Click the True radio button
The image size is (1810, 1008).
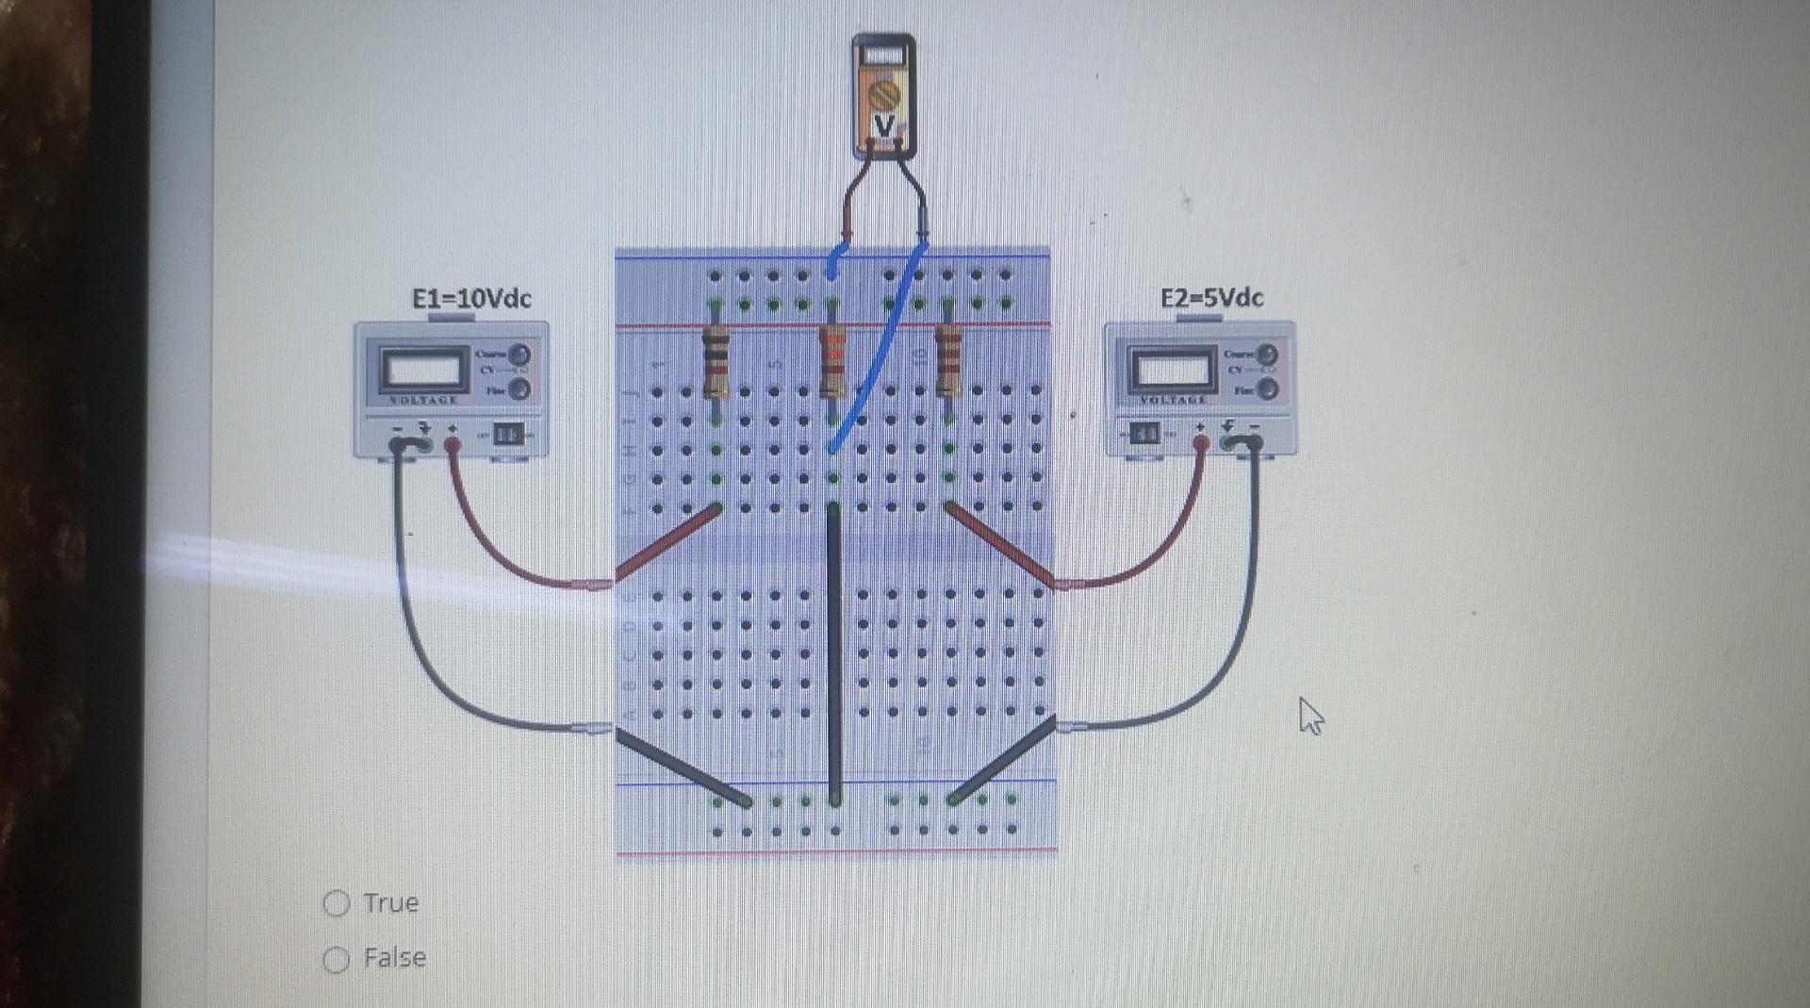pyautogui.click(x=337, y=903)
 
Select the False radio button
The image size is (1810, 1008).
pyautogui.click(x=337, y=959)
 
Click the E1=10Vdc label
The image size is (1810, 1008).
pyautogui.click(x=471, y=299)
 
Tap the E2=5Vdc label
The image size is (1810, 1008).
pyautogui.click(x=1211, y=298)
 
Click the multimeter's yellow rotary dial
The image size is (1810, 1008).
pyautogui.click(x=884, y=95)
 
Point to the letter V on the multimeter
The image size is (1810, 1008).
pyautogui.click(x=884, y=126)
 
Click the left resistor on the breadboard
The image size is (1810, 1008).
pyautogui.click(x=716, y=363)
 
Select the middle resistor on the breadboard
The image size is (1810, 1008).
pyautogui.click(x=833, y=363)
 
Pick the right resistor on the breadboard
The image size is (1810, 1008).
pyautogui.click(x=948, y=363)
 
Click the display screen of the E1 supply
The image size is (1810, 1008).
pyautogui.click(x=423, y=370)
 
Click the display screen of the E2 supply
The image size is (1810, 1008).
pyautogui.click(x=1173, y=370)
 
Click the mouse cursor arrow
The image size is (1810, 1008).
pyautogui.click(x=1309, y=715)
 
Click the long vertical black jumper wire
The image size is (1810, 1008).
pyautogui.click(x=834, y=651)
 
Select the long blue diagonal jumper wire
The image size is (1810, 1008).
pyautogui.click(x=877, y=349)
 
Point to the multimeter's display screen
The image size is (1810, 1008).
pyautogui.click(x=883, y=56)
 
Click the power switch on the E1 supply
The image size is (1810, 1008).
pyautogui.click(x=508, y=434)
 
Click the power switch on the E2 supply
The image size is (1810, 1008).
pyautogui.click(x=1144, y=434)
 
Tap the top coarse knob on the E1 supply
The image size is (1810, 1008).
pyautogui.click(x=519, y=355)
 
